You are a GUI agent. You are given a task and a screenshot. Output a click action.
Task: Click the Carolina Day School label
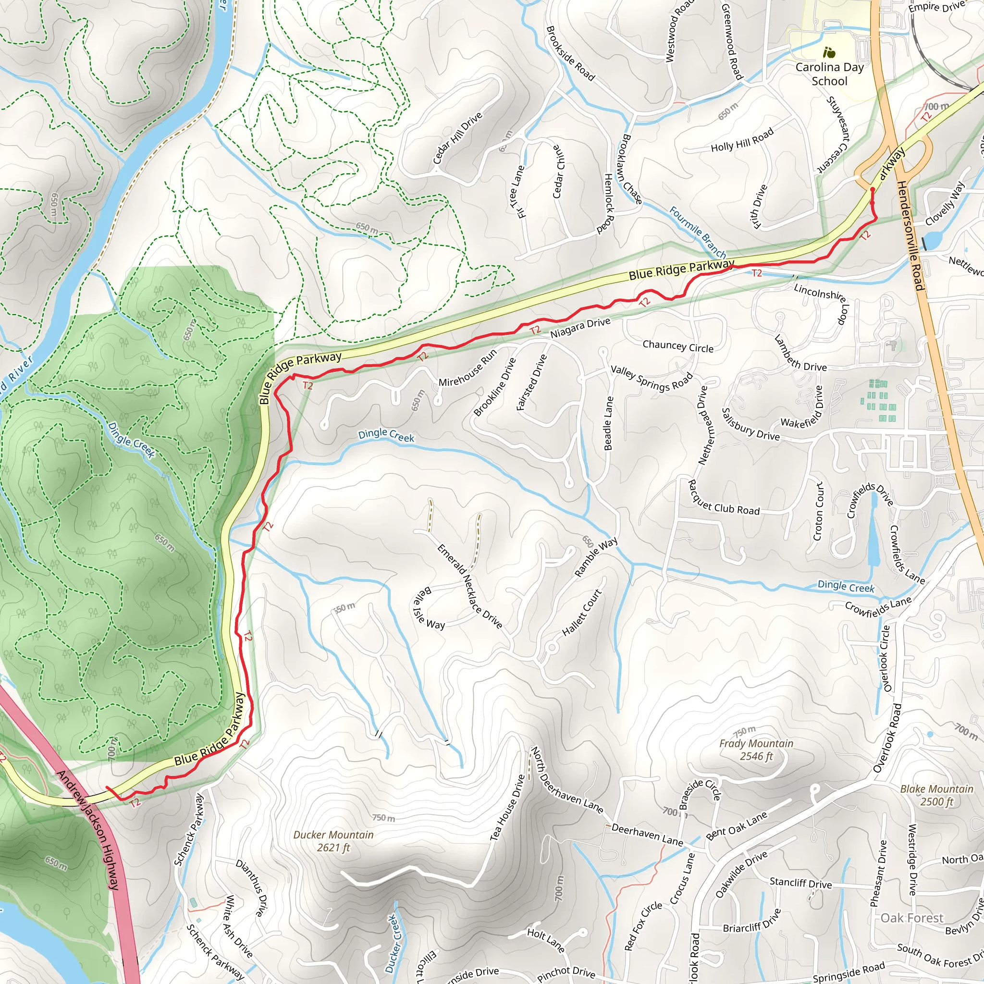tap(829, 74)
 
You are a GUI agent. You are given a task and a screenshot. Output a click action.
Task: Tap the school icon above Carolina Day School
tap(829, 52)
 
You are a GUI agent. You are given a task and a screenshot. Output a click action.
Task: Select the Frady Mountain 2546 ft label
tap(756, 750)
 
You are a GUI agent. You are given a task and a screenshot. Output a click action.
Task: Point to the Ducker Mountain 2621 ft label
tap(333, 841)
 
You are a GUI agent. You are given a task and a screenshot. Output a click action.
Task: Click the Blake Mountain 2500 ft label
tap(936, 795)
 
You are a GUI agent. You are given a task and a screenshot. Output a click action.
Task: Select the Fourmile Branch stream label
tap(697, 232)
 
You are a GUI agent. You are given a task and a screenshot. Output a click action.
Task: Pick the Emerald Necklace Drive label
tap(469, 586)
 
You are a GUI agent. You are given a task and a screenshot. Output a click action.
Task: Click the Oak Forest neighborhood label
tap(911, 918)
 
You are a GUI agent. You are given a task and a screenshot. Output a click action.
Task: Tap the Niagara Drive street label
tap(580, 328)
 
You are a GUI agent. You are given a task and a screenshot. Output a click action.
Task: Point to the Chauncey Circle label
tap(677, 346)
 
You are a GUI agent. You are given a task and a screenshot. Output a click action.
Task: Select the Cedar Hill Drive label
tap(457, 138)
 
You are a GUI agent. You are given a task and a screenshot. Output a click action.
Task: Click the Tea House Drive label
tap(507, 808)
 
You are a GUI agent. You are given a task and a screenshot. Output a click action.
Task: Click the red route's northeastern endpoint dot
tap(872, 189)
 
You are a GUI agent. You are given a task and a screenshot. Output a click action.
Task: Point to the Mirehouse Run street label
tap(467, 368)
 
